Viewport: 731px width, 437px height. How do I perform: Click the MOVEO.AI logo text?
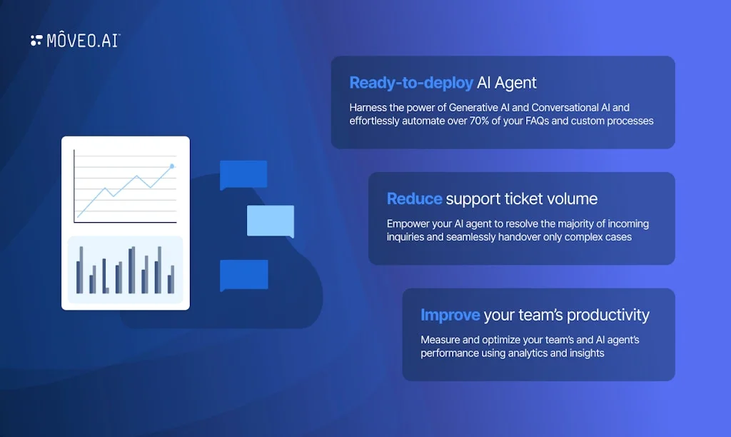pos(83,41)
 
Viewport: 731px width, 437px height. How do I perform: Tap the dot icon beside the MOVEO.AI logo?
pos(36,41)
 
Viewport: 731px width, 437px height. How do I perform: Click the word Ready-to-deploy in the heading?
pos(411,83)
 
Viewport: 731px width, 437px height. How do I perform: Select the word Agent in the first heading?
pos(515,83)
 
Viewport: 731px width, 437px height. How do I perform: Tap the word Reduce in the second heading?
pos(414,199)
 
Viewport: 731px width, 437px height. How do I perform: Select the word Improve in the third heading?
pos(450,315)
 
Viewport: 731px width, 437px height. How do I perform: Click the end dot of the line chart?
pos(171,166)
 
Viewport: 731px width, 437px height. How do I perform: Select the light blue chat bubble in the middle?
pos(271,221)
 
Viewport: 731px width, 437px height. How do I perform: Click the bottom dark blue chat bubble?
pos(243,275)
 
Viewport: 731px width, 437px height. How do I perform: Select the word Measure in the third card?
pos(441,340)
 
